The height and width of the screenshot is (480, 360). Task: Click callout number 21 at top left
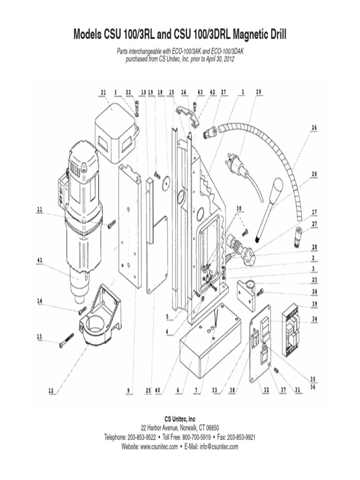[x=103, y=92]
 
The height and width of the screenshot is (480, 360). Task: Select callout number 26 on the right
[x=314, y=127]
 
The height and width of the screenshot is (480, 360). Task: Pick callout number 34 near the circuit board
[x=314, y=320]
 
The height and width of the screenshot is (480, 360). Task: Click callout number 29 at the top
[x=258, y=92]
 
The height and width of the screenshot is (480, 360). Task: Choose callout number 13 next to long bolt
[x=40, y=336]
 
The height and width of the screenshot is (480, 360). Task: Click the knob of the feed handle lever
[x=277, y=187]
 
